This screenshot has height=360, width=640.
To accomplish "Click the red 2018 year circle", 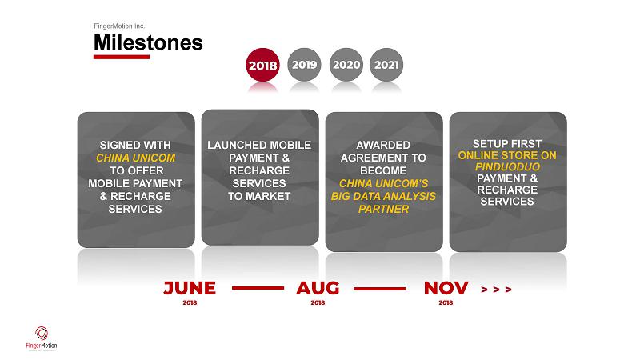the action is pos(263,65).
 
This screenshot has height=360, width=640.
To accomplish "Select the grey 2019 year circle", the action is pos(305,65).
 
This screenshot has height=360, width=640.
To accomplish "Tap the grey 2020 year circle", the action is pos(346,65).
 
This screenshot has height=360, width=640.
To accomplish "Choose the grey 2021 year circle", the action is pos(386,65).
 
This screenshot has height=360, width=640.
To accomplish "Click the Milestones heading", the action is pos(148,42).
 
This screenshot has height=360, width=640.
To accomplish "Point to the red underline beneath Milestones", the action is pos(122,57).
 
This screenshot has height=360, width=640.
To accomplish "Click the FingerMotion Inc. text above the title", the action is pos(119,26).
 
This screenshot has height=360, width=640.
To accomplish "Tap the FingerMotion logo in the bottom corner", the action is pos(42,338).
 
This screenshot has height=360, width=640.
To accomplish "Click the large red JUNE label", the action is pos(190,288).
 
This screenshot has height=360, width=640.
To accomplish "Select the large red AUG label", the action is pos(318,288).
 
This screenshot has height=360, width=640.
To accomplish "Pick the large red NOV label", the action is pos(446,288).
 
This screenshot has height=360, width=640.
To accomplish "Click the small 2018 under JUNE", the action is pos(190,302).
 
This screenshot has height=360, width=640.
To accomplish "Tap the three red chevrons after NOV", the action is pos(496,290).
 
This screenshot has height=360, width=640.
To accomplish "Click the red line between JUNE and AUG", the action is pos(258,288).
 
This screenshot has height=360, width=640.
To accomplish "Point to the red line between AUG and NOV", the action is pos(379,289).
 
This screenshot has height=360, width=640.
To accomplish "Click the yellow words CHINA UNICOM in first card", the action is pos(135,158).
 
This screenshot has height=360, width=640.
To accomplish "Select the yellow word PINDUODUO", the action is pos(507,166).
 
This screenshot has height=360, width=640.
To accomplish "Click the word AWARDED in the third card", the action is pos(383,145).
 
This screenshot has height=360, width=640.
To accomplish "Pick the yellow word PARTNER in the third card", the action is pos(383,209).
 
